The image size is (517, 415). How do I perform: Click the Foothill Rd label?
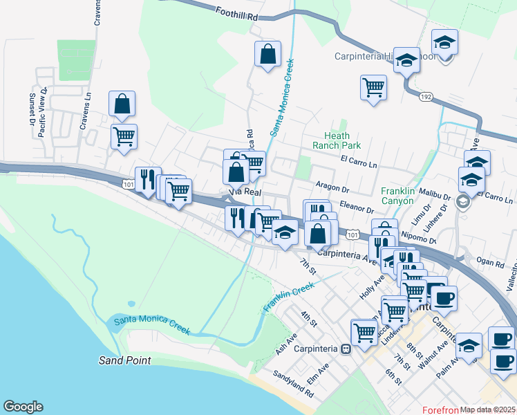pos(236,13)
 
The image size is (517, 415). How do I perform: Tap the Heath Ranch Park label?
pos(337,141)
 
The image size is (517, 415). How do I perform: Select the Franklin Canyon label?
pos(406,196)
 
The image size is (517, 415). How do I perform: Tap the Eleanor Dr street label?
pos(356,207)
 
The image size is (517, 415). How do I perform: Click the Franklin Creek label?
pos(289,297)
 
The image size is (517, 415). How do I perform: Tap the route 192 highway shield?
pos(426,98)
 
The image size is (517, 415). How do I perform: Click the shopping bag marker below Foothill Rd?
pos(267,54)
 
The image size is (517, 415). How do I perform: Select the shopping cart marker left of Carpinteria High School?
pos(373,87)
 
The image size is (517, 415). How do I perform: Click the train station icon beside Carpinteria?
pos(345,349)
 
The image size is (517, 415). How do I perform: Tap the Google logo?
pos(23,407)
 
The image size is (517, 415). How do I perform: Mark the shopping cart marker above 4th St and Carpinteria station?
pos(364,331)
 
